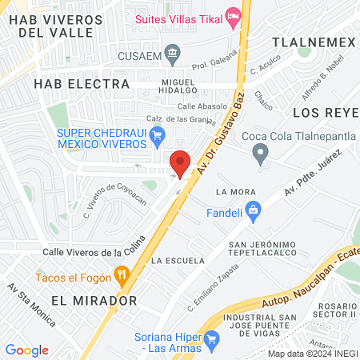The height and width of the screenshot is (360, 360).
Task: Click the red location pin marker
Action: click(181, 162)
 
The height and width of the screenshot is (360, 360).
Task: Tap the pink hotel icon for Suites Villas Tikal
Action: click(234, 16)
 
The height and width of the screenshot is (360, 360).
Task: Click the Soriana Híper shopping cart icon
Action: click(212, 341)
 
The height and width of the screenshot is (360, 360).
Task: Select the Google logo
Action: click(26, 350)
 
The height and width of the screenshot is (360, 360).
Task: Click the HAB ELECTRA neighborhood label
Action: click(81, 83)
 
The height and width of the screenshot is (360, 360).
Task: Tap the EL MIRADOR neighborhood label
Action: click(94, 301)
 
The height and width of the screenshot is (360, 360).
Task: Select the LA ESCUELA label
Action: click(173, 261)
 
